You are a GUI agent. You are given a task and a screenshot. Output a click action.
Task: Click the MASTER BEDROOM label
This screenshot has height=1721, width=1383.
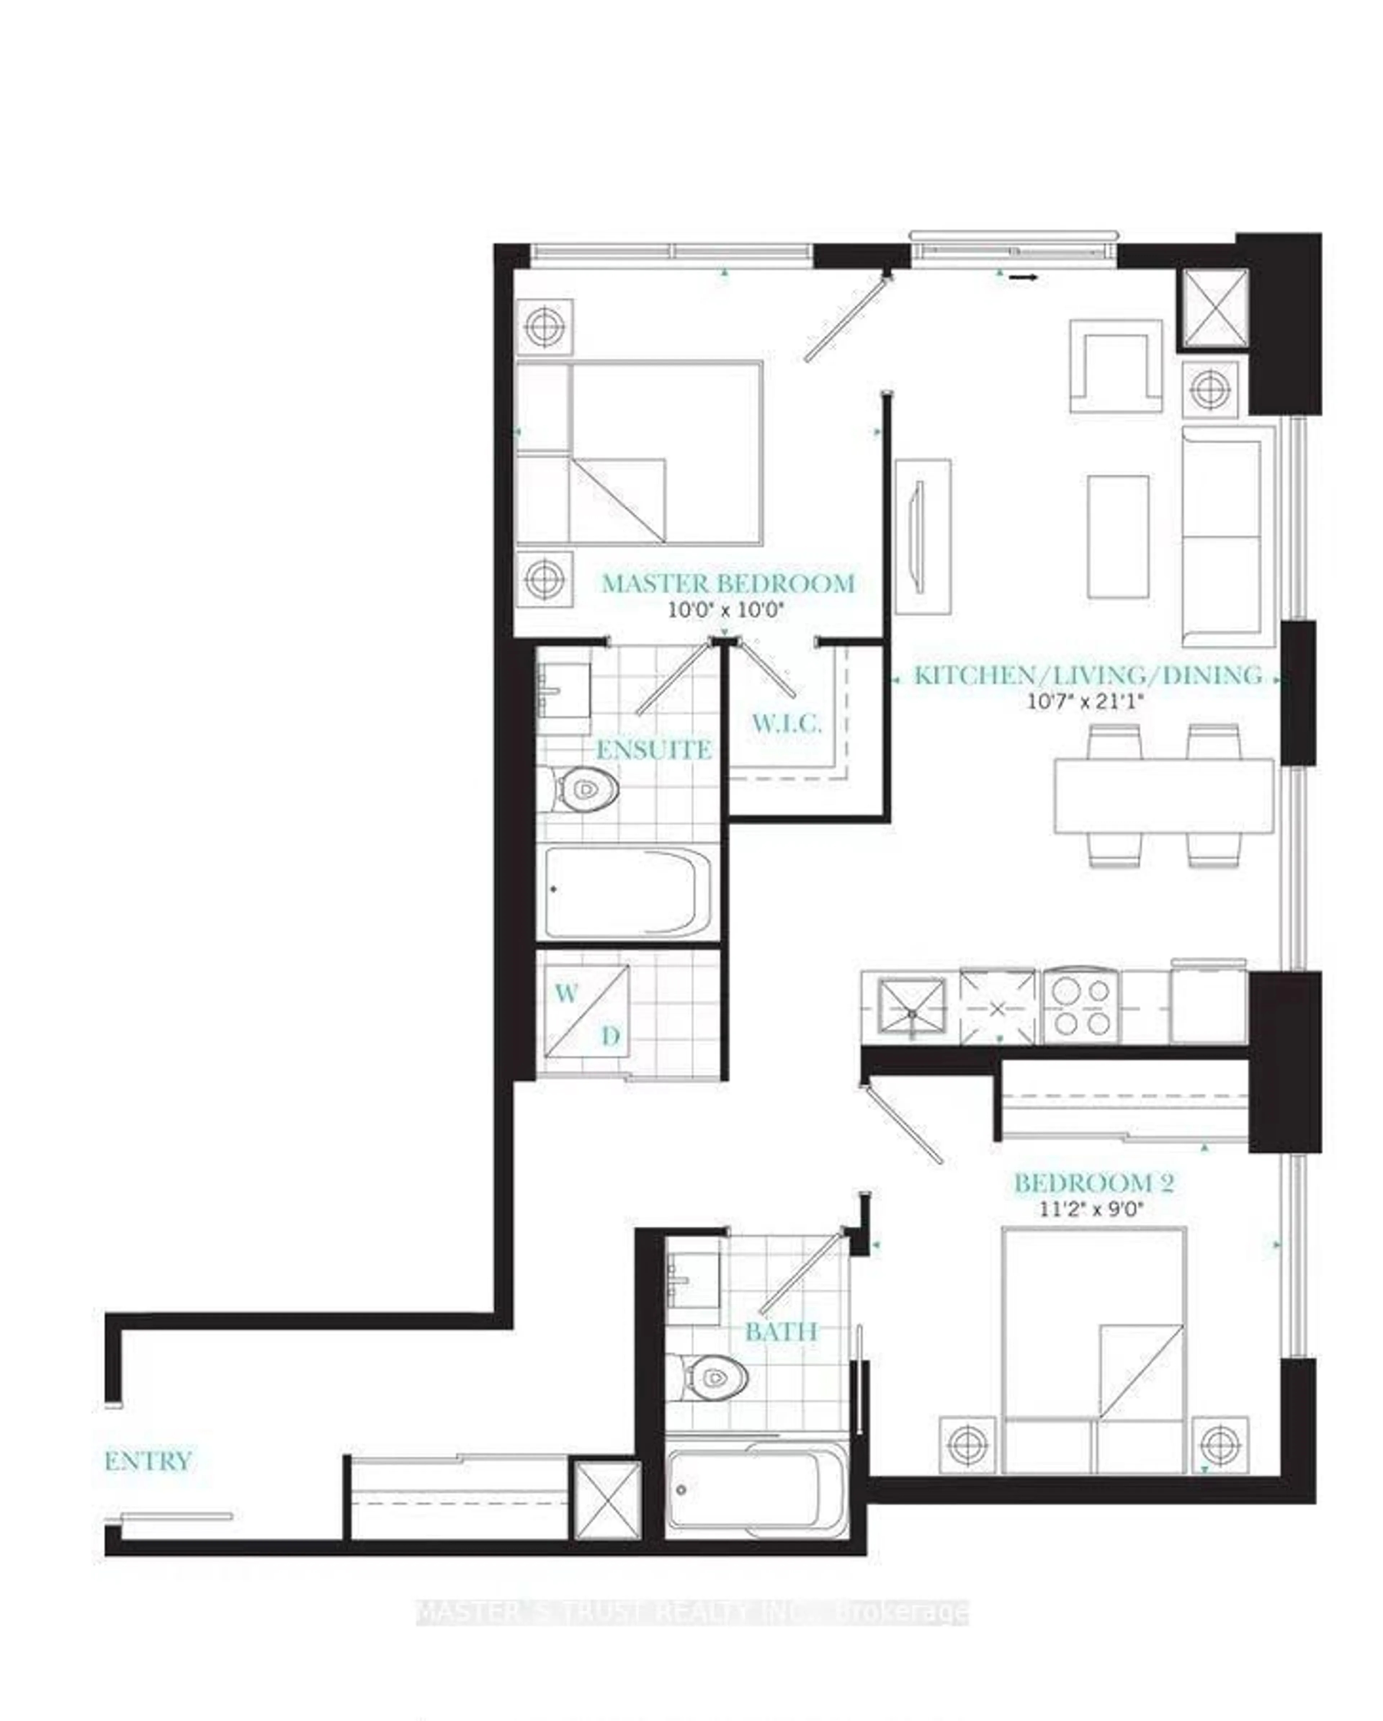click(728, 583)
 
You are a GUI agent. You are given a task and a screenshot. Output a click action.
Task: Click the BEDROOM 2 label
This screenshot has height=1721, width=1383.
click(1093, 1183)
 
